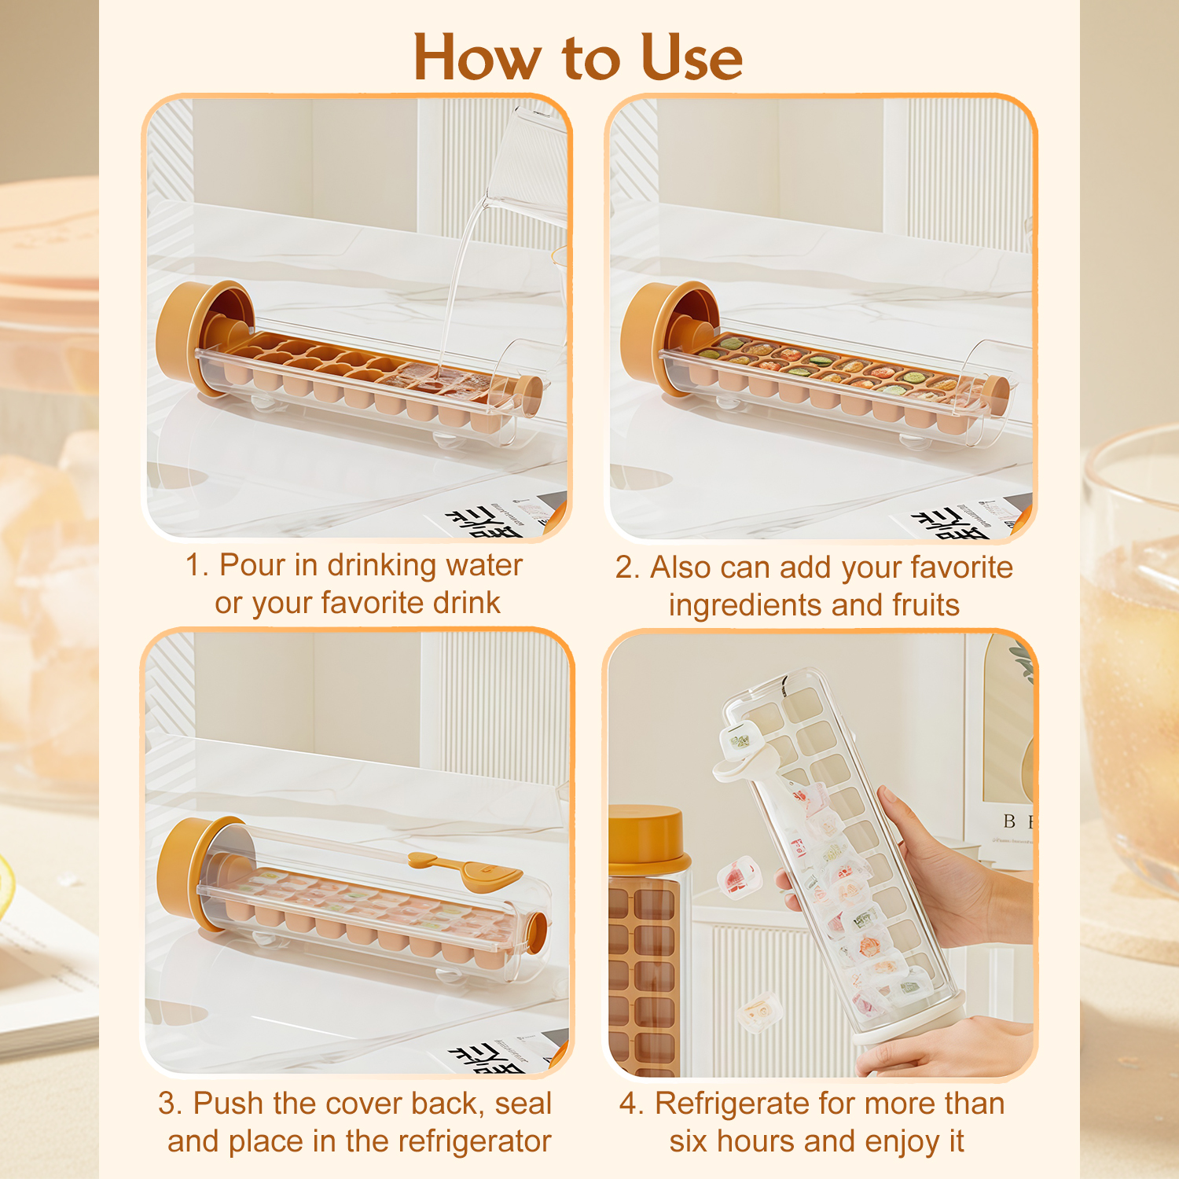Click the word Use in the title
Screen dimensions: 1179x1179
(692, 57)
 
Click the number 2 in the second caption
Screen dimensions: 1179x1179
(624, 568)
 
